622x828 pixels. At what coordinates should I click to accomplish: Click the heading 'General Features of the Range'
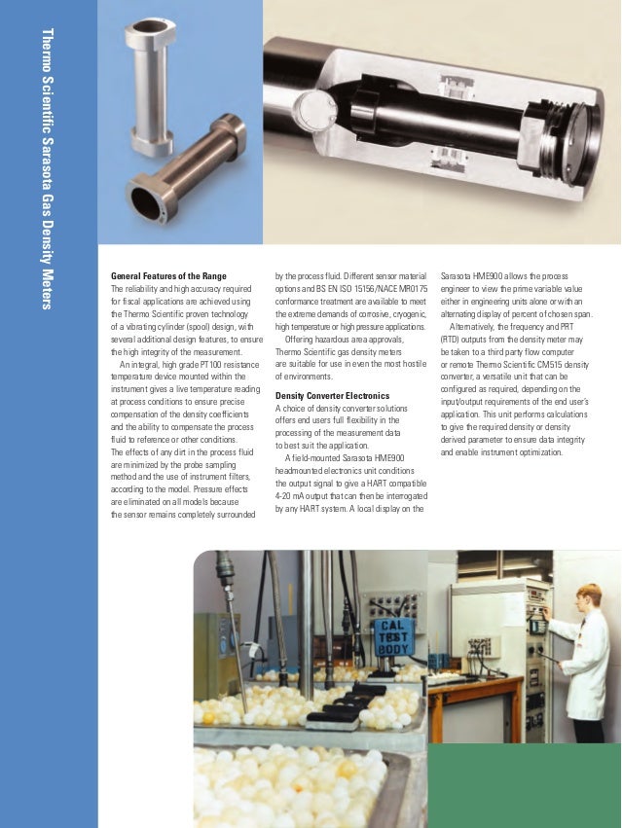[168, 276]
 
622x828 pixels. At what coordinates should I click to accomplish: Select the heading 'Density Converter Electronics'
[332, 396]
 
